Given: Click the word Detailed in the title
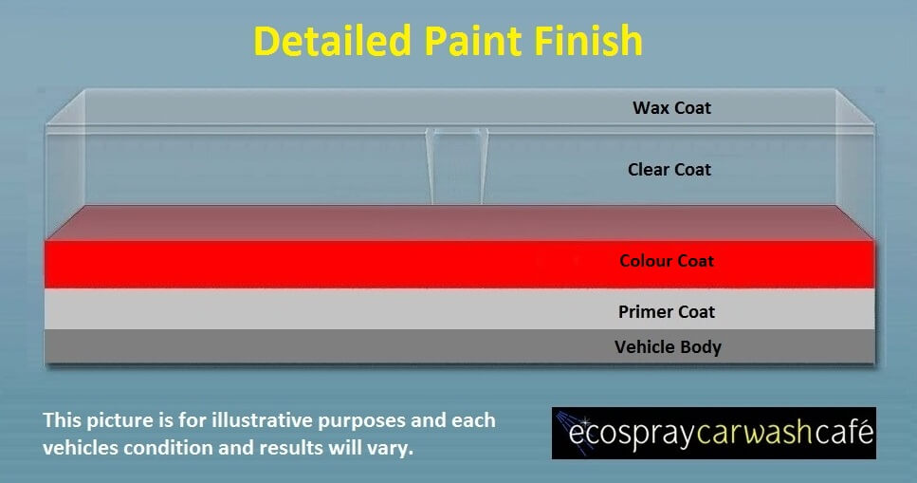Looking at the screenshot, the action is (x=332, y=41).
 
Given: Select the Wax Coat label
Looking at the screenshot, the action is (x=672, y=108).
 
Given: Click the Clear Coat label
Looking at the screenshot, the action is (x=669, y=169).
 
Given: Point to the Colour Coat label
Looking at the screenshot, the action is (x=667, y=261).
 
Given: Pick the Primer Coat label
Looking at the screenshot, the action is (x=667, y=311).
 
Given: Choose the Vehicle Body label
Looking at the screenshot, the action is (x=668, y=347).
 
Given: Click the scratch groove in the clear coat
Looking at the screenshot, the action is (x=457, y=166).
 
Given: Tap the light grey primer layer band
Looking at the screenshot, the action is (x=460, y=308).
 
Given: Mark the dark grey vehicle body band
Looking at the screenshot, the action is (x=460, y=346).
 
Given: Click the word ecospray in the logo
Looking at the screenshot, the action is (x=633, y=434).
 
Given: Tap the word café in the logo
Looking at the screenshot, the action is (x=843, y=432).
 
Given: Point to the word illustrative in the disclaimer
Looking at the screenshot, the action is (x=262, y=420).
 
